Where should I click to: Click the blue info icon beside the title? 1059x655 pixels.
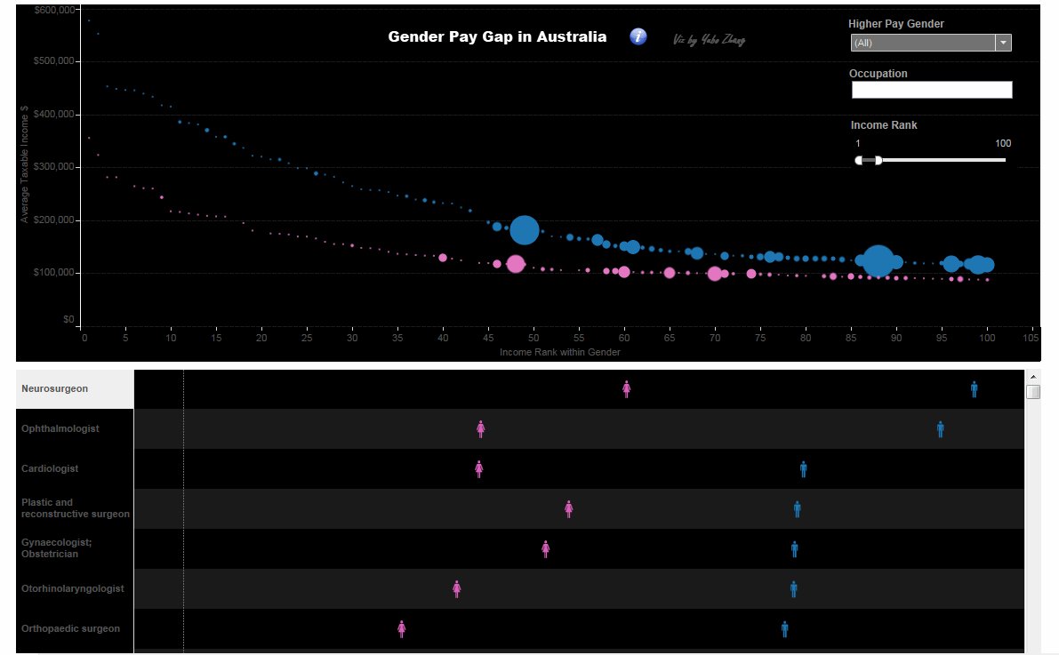tap(638, 36)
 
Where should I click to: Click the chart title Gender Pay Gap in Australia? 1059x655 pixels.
tap(497, 37)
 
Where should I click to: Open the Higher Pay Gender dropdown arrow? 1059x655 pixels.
tap(1003, 43)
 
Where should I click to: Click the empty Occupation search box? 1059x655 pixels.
tap(931, 90)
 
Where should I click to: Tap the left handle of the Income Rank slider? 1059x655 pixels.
tap(859, 160)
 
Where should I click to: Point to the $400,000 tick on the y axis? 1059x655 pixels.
tap(56, 115)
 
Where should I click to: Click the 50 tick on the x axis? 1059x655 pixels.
tap(534, 338)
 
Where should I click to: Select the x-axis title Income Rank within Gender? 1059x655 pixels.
tap(559, 352)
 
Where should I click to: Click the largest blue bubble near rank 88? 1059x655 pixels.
tap(878, 261)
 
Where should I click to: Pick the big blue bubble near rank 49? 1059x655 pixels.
tap(525, 230)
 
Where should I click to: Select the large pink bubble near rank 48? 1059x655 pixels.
tap(515, 264)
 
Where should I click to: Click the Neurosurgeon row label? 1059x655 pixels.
tap(55, 388)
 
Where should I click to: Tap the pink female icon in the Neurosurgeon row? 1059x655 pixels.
tap(627, 388)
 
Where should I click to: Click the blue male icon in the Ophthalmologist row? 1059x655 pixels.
tap(940, 429)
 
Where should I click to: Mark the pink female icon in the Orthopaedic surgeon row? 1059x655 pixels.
tap(402, 629)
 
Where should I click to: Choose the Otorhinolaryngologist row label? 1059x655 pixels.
tap(73, 588)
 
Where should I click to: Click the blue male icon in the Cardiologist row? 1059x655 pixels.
tap(803, 469)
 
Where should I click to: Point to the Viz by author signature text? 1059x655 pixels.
tap(709, 40)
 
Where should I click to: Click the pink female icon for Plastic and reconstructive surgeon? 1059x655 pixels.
tap(569, 509)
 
